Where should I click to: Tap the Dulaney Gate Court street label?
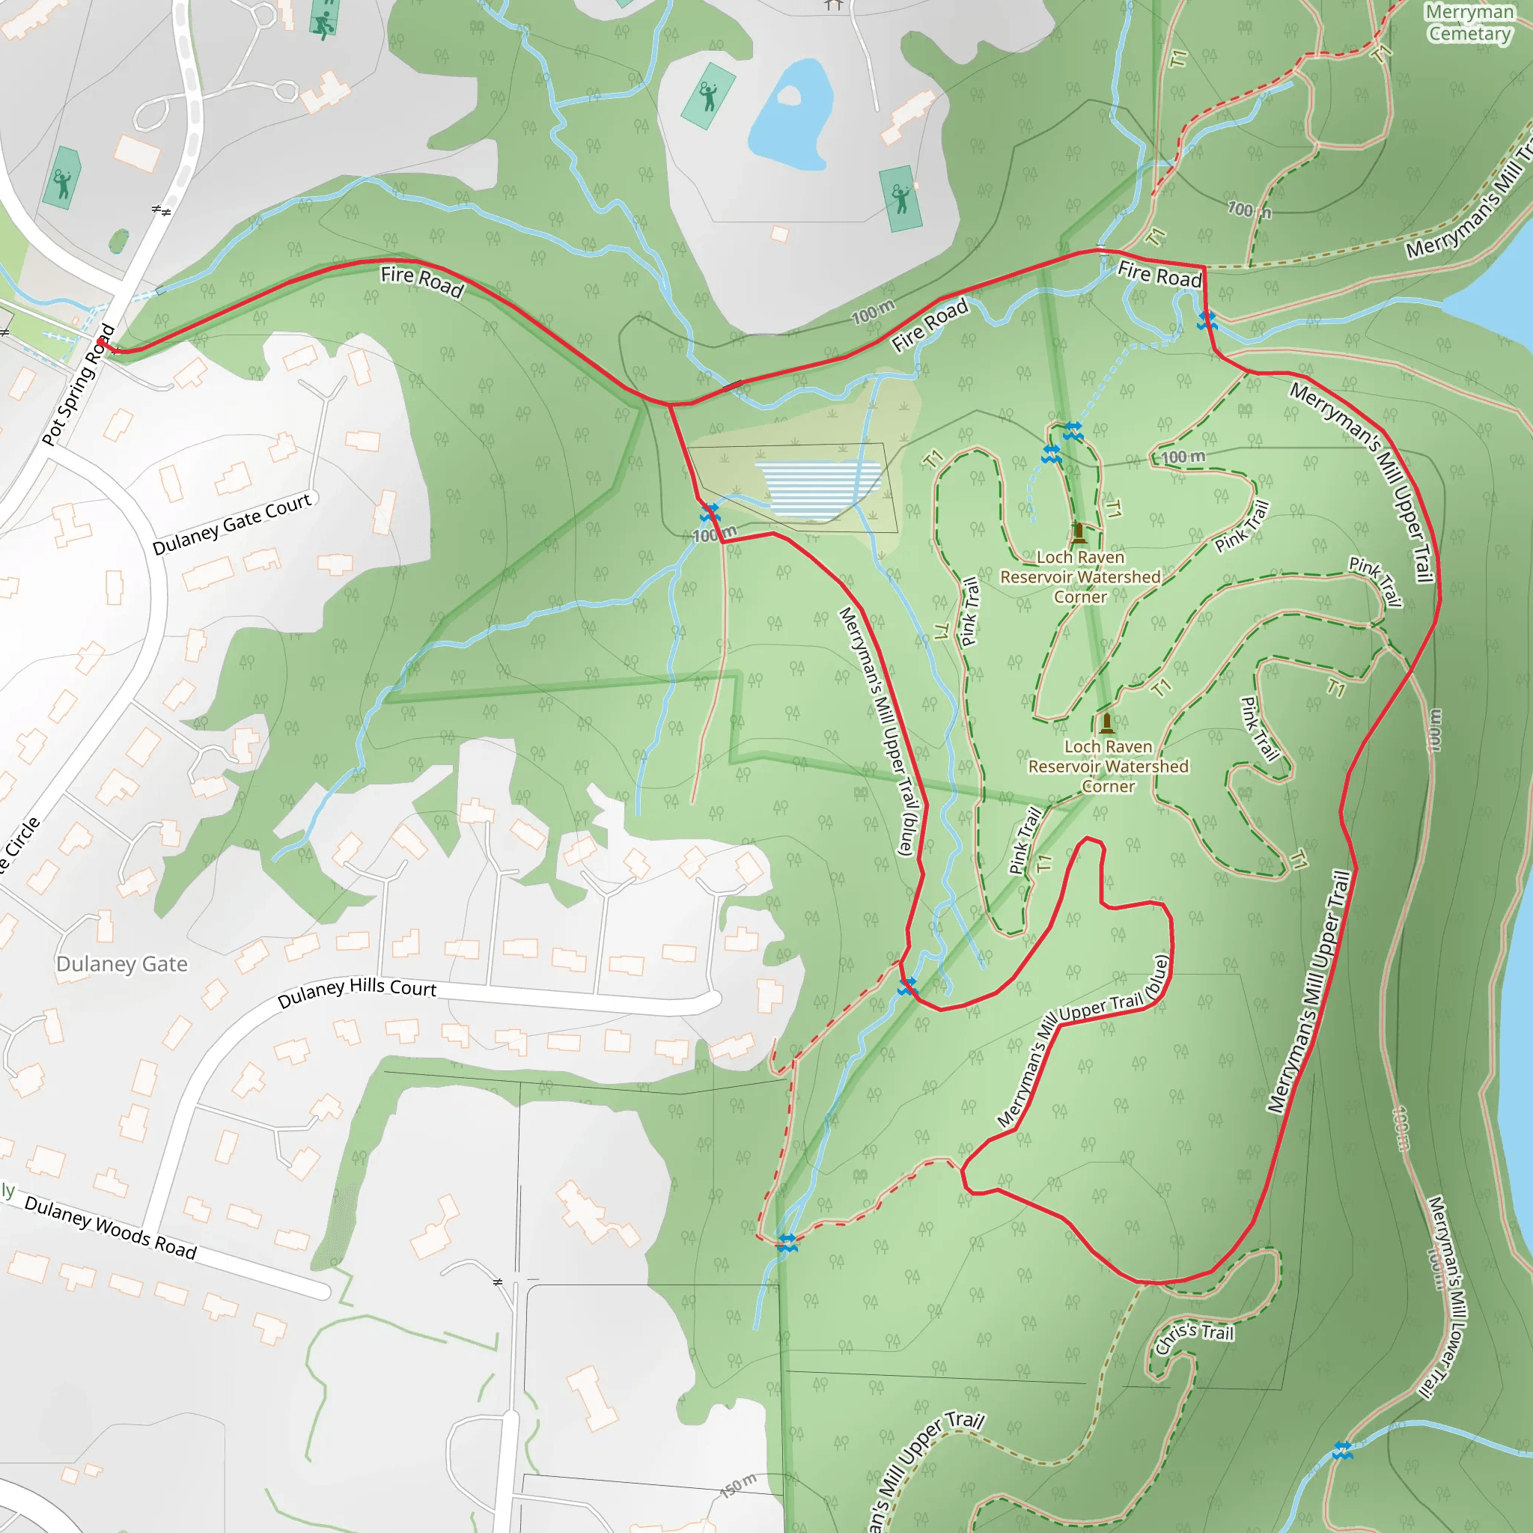233,524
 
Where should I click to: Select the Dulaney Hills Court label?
357,991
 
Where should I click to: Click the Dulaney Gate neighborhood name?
122,964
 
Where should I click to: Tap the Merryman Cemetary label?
1469,23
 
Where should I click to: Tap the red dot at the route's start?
101,342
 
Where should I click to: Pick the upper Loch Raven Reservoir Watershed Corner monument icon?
1079,531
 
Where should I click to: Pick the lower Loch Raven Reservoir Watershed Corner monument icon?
1107,722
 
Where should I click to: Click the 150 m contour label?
739,1486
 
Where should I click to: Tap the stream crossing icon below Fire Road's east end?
1207,320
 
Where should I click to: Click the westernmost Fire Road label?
422,281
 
